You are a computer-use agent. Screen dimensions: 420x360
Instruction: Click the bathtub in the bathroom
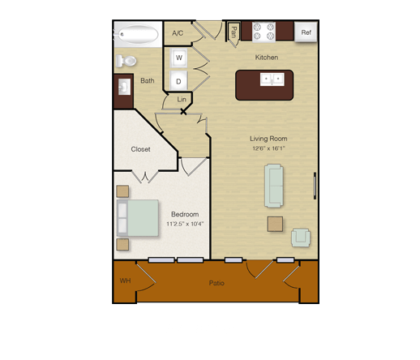coord(138,34)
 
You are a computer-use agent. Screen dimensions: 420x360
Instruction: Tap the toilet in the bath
coord(126,61)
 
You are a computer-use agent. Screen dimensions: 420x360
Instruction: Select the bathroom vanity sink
coord(124,87)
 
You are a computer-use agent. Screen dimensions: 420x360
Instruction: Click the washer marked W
coord(178,58)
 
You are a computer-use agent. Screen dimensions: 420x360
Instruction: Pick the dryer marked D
coord(178,81)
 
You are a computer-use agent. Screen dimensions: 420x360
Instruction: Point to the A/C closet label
coord(178,33)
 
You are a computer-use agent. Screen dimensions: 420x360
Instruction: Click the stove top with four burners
coord(264,32)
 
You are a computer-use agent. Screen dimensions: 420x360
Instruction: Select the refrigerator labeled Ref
coord(306,32)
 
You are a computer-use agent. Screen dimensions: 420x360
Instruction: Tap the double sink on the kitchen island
coord(272,79)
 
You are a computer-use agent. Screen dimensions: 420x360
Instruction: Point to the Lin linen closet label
coord(182,100)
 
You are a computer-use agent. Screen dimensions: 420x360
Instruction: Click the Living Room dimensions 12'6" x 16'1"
coord(268,148)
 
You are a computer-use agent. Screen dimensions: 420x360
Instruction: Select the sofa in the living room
coord(274,186)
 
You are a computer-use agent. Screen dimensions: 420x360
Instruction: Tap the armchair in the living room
coord(301,238)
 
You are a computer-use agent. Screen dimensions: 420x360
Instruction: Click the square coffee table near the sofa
coord(275,224)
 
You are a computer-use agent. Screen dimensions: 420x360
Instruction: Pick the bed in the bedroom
coord(138,218)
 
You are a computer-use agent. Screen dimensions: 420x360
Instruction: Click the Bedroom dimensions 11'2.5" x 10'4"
coord(185,224)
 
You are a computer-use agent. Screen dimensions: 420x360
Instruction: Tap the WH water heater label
coord(125,281)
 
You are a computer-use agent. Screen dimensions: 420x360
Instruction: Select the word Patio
coord(216,283)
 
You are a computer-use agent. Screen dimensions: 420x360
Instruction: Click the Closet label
coord(140,149)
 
